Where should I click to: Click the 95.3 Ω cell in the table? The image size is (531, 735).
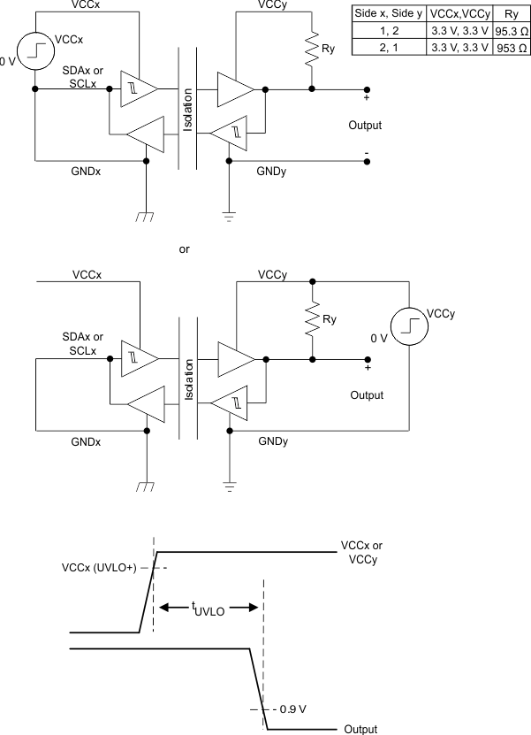(510, 32)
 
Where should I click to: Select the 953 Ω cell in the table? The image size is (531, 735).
(510, 48)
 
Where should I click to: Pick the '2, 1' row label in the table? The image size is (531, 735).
(389, 48)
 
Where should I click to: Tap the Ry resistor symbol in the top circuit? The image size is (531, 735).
(311, 52)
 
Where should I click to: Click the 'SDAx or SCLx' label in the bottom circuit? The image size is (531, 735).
(83, 343)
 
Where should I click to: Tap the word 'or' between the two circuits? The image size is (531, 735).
(185, 249)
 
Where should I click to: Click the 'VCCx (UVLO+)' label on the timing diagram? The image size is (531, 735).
(98, 567)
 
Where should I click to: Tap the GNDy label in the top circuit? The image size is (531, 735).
(270, 170)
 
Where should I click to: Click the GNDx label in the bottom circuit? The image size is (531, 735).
(87, 440)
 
